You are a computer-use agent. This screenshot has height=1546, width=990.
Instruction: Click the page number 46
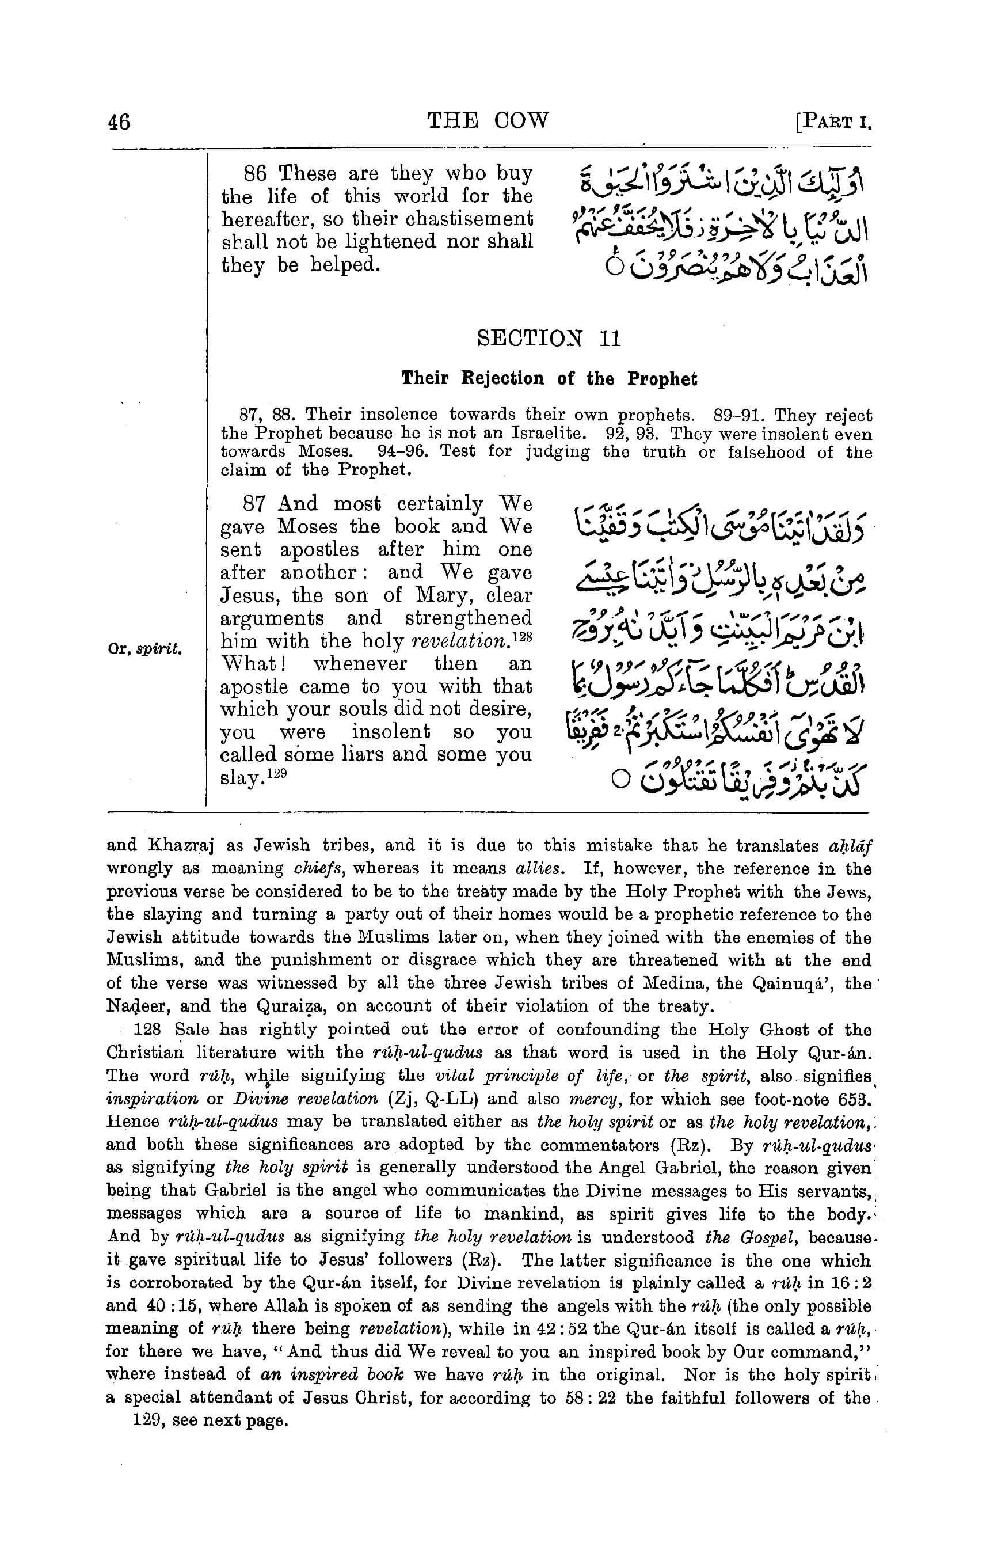pos(119,121)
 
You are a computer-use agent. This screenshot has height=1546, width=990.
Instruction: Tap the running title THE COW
pos(488,120)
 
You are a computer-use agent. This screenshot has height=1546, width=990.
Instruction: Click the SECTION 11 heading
pos(549,338)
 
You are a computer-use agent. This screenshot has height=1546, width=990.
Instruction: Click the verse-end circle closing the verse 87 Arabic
pos(619,780)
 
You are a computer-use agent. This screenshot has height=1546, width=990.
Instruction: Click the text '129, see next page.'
pos(210,1420)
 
